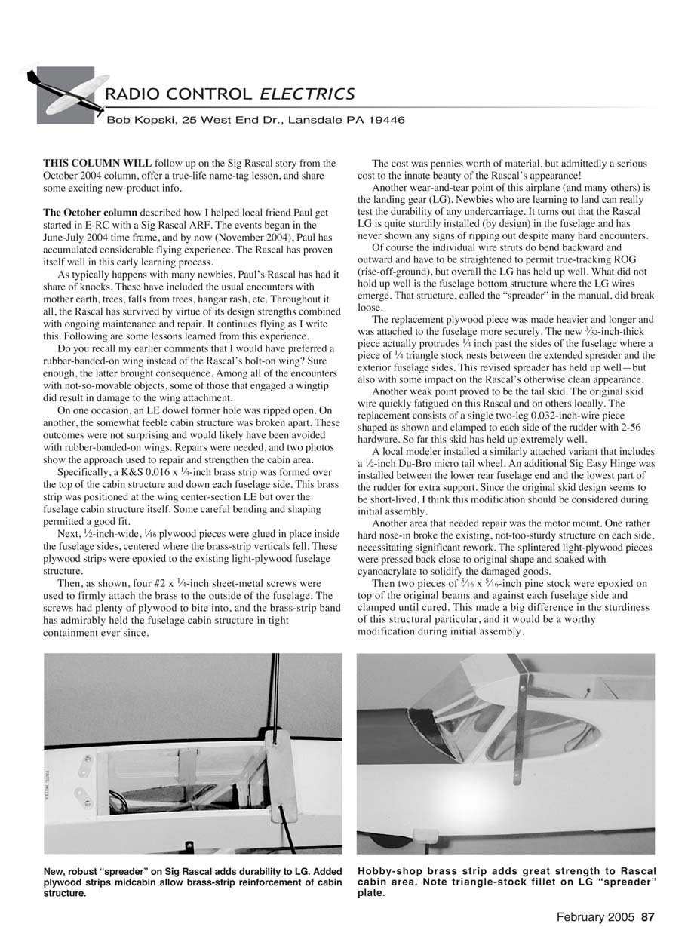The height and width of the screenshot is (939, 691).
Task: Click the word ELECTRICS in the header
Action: (307, 94)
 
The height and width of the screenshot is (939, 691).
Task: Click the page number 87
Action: (648, 918)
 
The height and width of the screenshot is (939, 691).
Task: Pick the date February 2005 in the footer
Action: (596, 918)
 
